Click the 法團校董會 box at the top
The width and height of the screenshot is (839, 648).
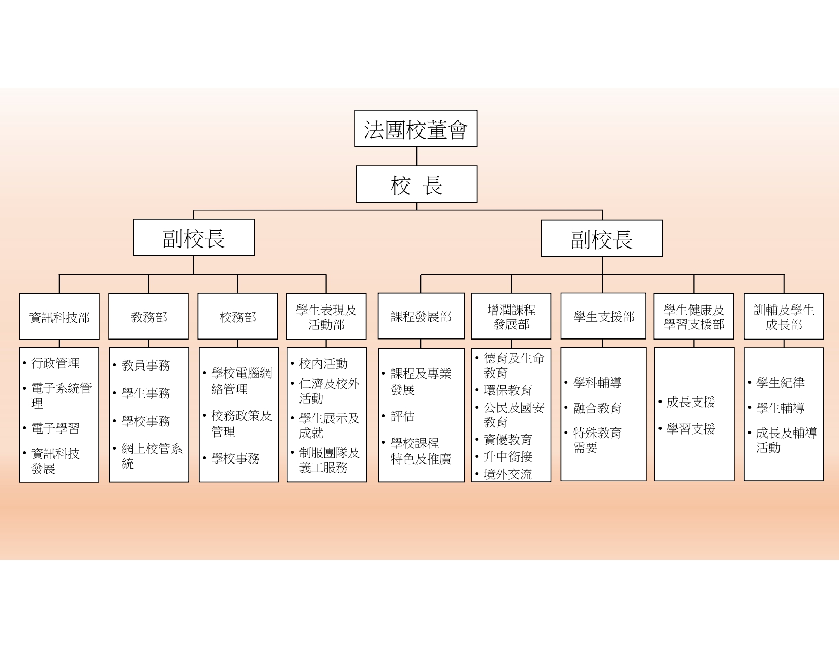(416, 129)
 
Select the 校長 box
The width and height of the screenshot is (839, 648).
(416, 184)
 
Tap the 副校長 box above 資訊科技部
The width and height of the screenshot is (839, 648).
(193, 237)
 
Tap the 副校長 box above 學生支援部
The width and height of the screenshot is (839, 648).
(602, 238)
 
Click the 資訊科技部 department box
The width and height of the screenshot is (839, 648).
(59, 317)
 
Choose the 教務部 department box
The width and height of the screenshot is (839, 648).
(148, 317)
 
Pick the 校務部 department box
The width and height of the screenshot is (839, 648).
(237, 317)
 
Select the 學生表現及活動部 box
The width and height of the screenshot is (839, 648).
(326, 317)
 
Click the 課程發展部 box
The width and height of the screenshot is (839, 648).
(421, 316)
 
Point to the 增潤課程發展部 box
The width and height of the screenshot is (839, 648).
(511, 316)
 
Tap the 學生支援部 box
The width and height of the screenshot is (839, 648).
(604, 316)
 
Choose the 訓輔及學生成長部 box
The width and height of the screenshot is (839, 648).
(784, 317)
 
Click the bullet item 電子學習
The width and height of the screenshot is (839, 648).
(55, 428)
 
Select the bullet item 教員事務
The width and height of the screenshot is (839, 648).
(145, 365)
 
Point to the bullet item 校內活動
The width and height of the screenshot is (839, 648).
(323, 363)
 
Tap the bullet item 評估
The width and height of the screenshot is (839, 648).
(402, 416)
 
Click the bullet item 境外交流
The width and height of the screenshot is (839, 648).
(508, 474)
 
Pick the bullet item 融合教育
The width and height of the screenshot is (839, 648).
(597, 408)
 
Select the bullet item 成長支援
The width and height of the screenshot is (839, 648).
(691, 402)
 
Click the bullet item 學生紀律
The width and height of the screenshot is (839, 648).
(781, 383)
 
